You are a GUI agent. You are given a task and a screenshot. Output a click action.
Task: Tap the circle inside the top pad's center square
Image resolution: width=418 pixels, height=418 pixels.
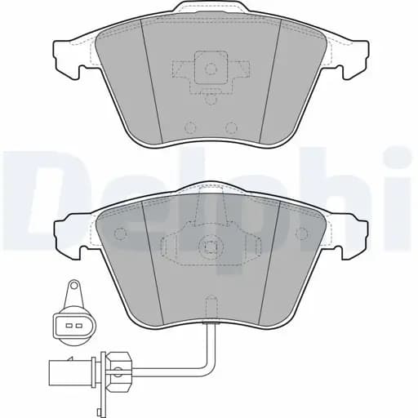pyautogui.click(x=211, y=69)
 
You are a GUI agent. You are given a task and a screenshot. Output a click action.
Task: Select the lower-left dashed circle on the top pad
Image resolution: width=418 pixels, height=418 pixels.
pyautogui.click(x=190, y=127)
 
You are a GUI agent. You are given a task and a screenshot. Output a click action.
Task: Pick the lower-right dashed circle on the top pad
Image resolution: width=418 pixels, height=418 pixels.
pyautogui.click(x=231, y=127)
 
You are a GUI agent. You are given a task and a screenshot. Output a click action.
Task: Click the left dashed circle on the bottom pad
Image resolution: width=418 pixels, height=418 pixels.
pyautogui.click(x=120, y=233)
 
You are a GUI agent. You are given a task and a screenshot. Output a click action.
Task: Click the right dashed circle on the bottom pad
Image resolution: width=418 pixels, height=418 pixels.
pyautogui.click(x=301, y=233)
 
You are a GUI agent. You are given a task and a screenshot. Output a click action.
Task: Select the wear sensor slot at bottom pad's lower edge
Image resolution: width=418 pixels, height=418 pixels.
pyautogui.click(x=211, y=308)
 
